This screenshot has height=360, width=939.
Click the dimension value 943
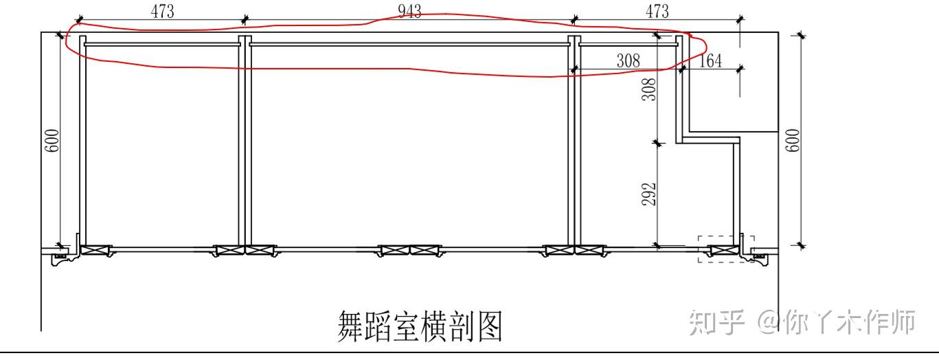coord(409,11)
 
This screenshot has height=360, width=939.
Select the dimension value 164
coord(710,61)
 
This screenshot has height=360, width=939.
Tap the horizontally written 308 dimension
coord(628,61)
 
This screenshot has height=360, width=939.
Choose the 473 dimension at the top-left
coord(162,11)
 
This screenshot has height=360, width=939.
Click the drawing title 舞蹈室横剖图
coord(420,326)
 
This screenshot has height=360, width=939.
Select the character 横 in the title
coord(420,326)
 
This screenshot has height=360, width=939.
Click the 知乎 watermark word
coord(716,322)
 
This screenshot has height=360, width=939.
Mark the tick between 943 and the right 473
coord(574,19)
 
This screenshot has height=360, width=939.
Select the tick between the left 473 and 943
coord(245,19)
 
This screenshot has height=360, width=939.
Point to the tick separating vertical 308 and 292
coord(657,143)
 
